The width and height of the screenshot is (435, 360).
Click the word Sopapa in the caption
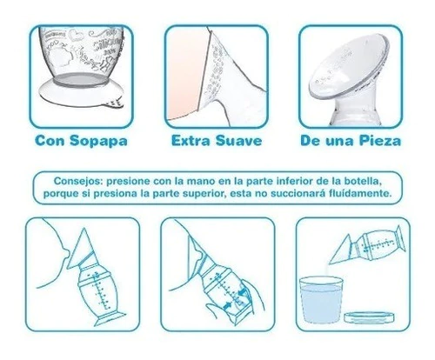point(98,141)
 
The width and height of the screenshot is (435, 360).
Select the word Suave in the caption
point(238,141)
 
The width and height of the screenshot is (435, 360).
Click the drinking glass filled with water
point(321,299)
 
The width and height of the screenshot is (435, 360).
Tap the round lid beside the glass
point(370,317)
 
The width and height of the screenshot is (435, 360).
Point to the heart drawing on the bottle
point(77,37)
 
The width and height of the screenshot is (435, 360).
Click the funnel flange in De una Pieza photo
point(348,68)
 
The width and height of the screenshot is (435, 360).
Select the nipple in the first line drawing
point(67,256)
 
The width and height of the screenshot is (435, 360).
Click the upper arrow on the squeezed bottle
point(241,292)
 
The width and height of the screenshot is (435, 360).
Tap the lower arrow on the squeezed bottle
point(229,305)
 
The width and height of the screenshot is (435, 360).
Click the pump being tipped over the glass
point(368,245)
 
